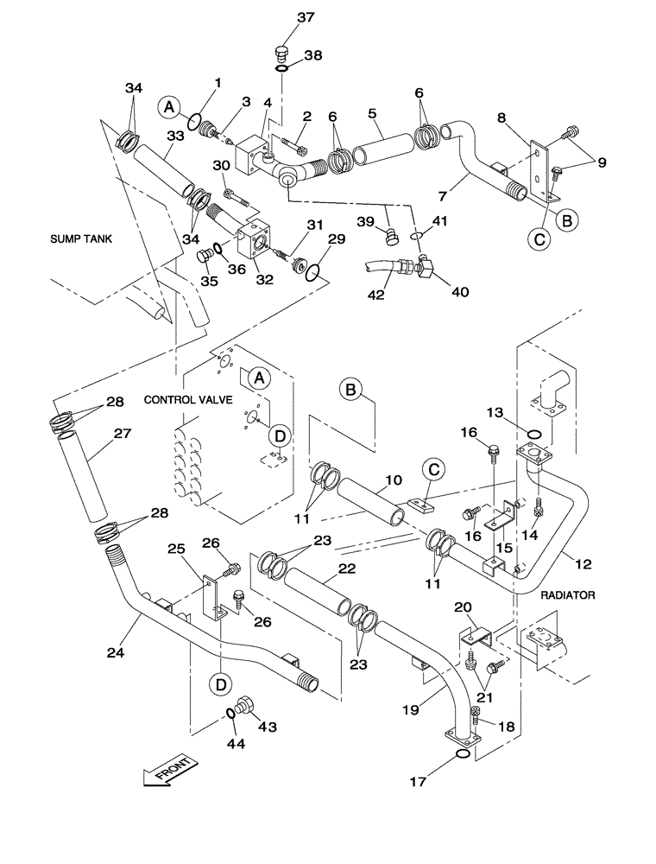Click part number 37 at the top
282,17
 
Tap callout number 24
116,653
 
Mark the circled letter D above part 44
222,683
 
